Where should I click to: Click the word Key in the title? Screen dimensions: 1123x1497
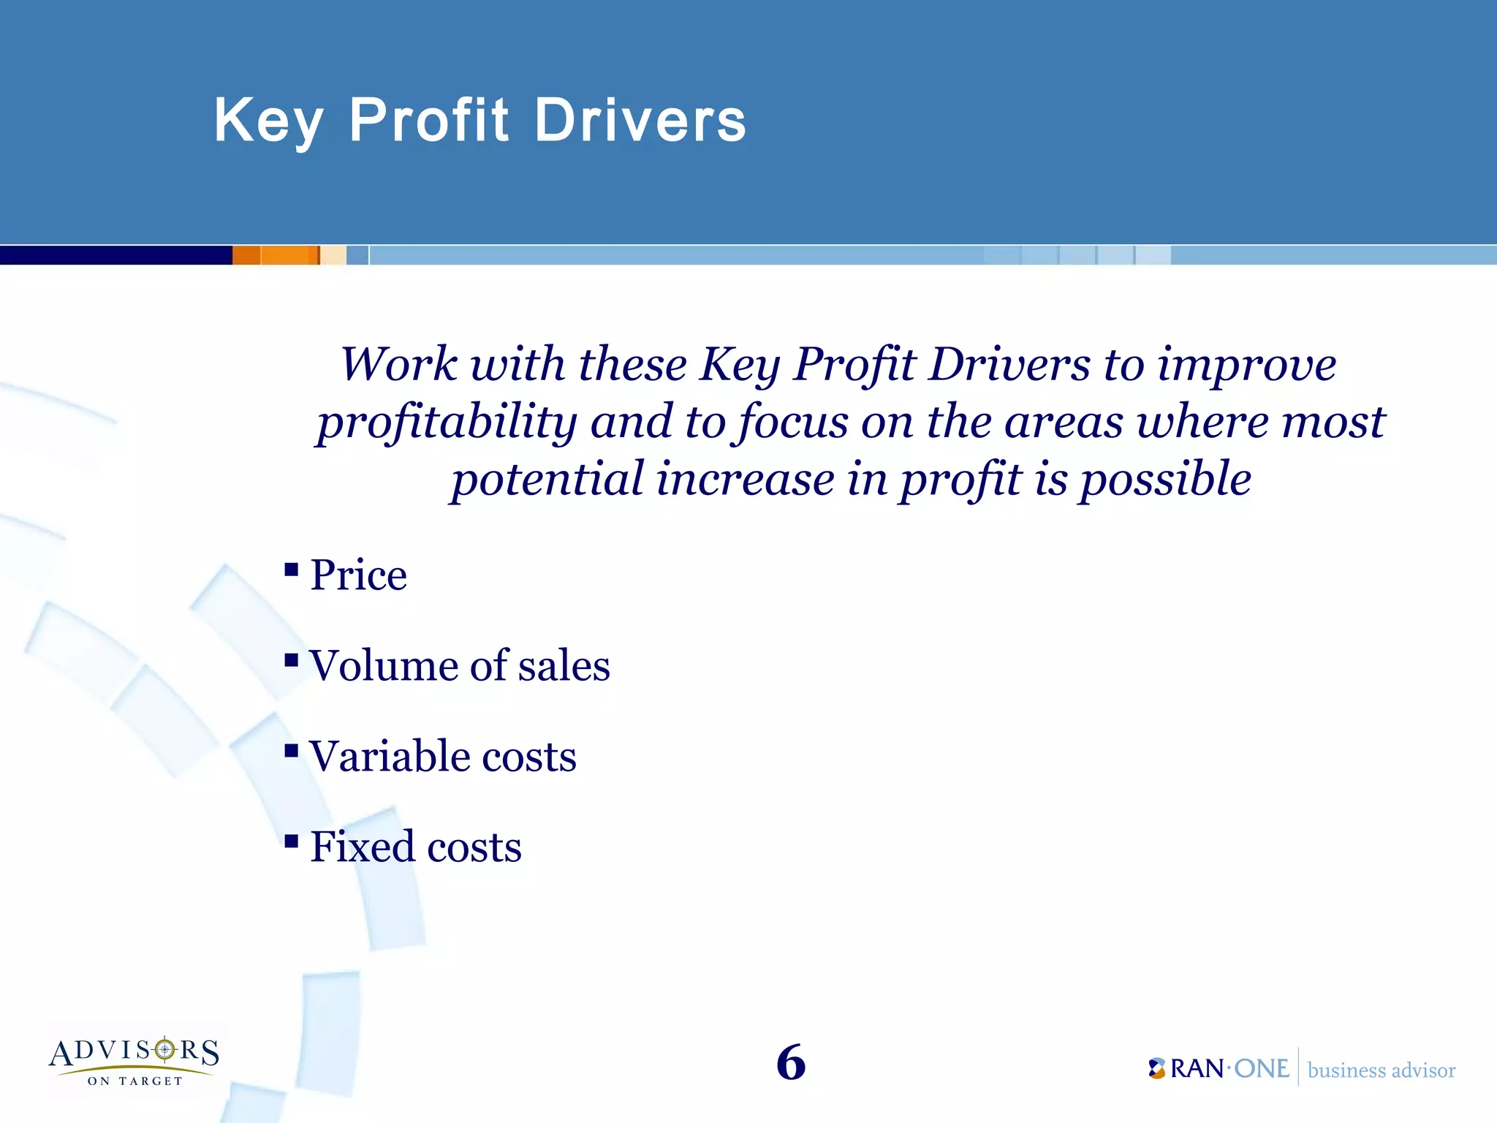click(x=268, y=121)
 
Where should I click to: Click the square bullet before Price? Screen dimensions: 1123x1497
click(x=292, y=570)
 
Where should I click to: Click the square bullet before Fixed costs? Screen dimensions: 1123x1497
click(x=292, y=842)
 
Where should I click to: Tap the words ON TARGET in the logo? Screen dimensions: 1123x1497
click(x=134, y=1081)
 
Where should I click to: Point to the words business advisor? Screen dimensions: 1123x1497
click(x=1381, y=1070)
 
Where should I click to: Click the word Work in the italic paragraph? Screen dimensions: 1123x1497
click(x=400, y=364)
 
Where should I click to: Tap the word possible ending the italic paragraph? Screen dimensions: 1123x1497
click(x=1165, y=480)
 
